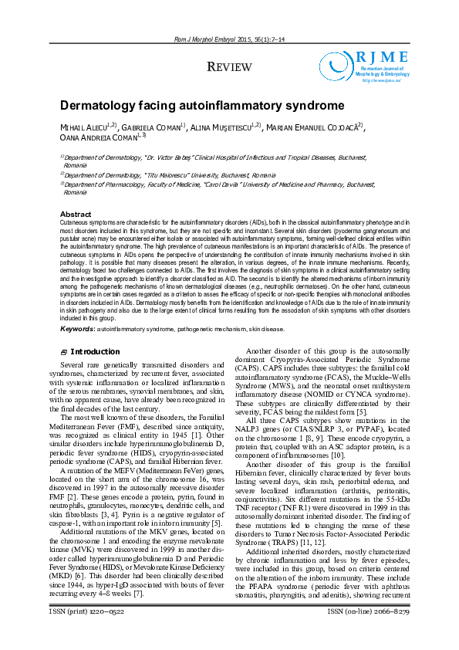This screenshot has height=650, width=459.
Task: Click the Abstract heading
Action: pyautogui.click(x=76, y=214)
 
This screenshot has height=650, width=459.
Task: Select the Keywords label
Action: pyautogui.click(x=77, y=329)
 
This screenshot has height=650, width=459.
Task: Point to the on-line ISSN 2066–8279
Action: pyautogui.click(x=388, y=633)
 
